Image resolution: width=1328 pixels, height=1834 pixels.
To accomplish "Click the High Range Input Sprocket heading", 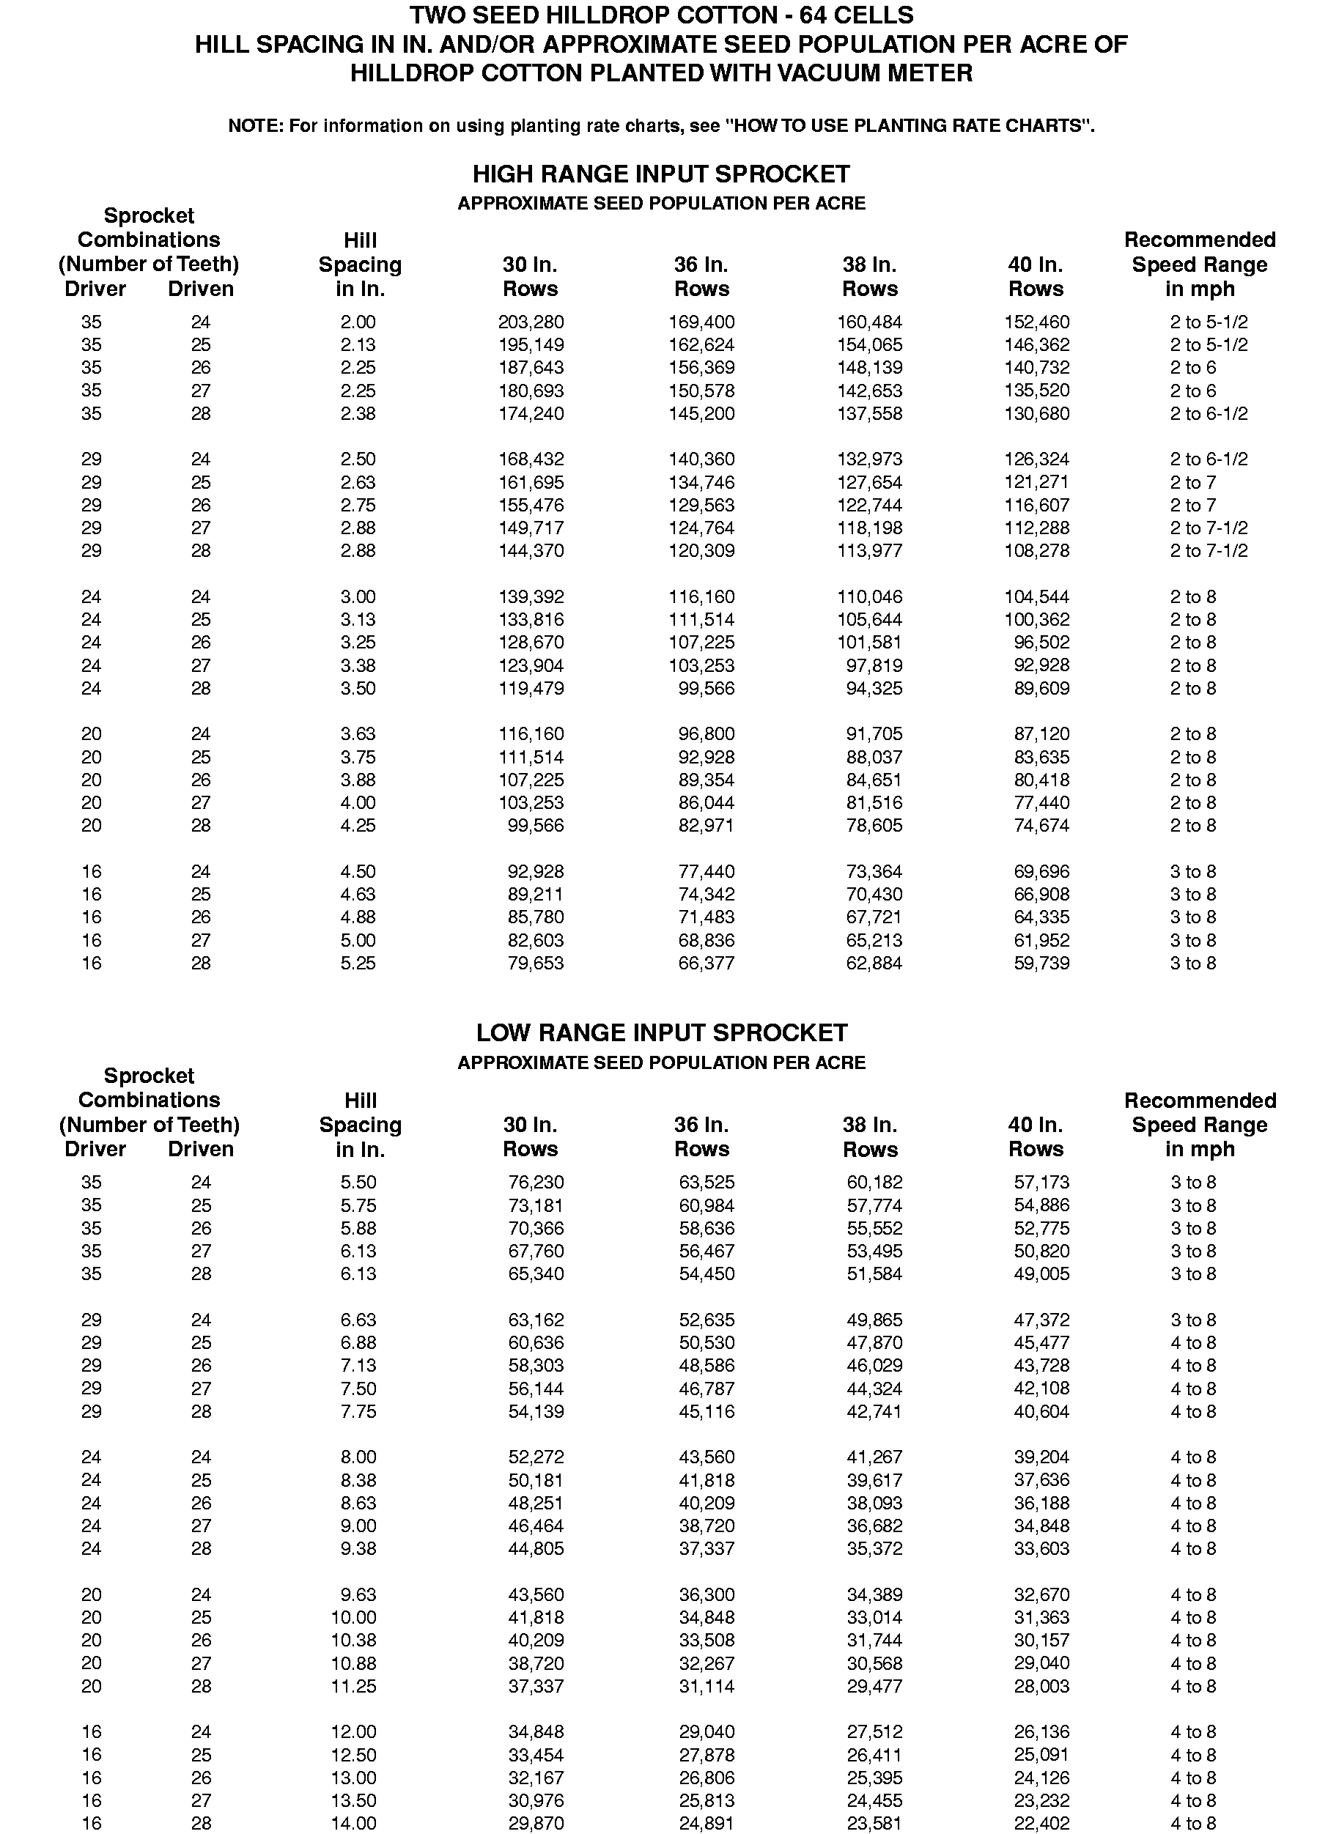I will (661, 174).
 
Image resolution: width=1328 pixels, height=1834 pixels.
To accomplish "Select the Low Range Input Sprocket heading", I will (661, 1032).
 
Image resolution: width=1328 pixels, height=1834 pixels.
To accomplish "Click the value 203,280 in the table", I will (531, 322).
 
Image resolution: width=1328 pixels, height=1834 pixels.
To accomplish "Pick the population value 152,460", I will (1036, 322).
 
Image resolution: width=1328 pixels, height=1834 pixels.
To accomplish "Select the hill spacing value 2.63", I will (358, 482).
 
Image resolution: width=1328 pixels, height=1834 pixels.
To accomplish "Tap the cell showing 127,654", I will (869, 482).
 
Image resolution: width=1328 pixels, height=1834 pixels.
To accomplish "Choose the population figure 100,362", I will (1036, 619).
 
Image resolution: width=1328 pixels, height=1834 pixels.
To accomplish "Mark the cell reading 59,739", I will (1041, 963).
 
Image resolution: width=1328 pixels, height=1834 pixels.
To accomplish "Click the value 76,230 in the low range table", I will (536, 1182).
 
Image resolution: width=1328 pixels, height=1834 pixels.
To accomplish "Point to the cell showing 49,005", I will (1041, 1273).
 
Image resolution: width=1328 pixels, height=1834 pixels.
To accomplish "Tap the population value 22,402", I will (1041, 1824).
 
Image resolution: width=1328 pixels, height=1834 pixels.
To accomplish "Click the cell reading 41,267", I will (874, 1457).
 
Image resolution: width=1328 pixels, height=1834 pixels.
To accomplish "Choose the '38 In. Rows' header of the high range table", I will (869, 276).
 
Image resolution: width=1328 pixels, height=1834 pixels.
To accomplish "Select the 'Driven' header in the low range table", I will (201, 1149).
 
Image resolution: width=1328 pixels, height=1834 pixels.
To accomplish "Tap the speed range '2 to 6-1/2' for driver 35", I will (1209, 413).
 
